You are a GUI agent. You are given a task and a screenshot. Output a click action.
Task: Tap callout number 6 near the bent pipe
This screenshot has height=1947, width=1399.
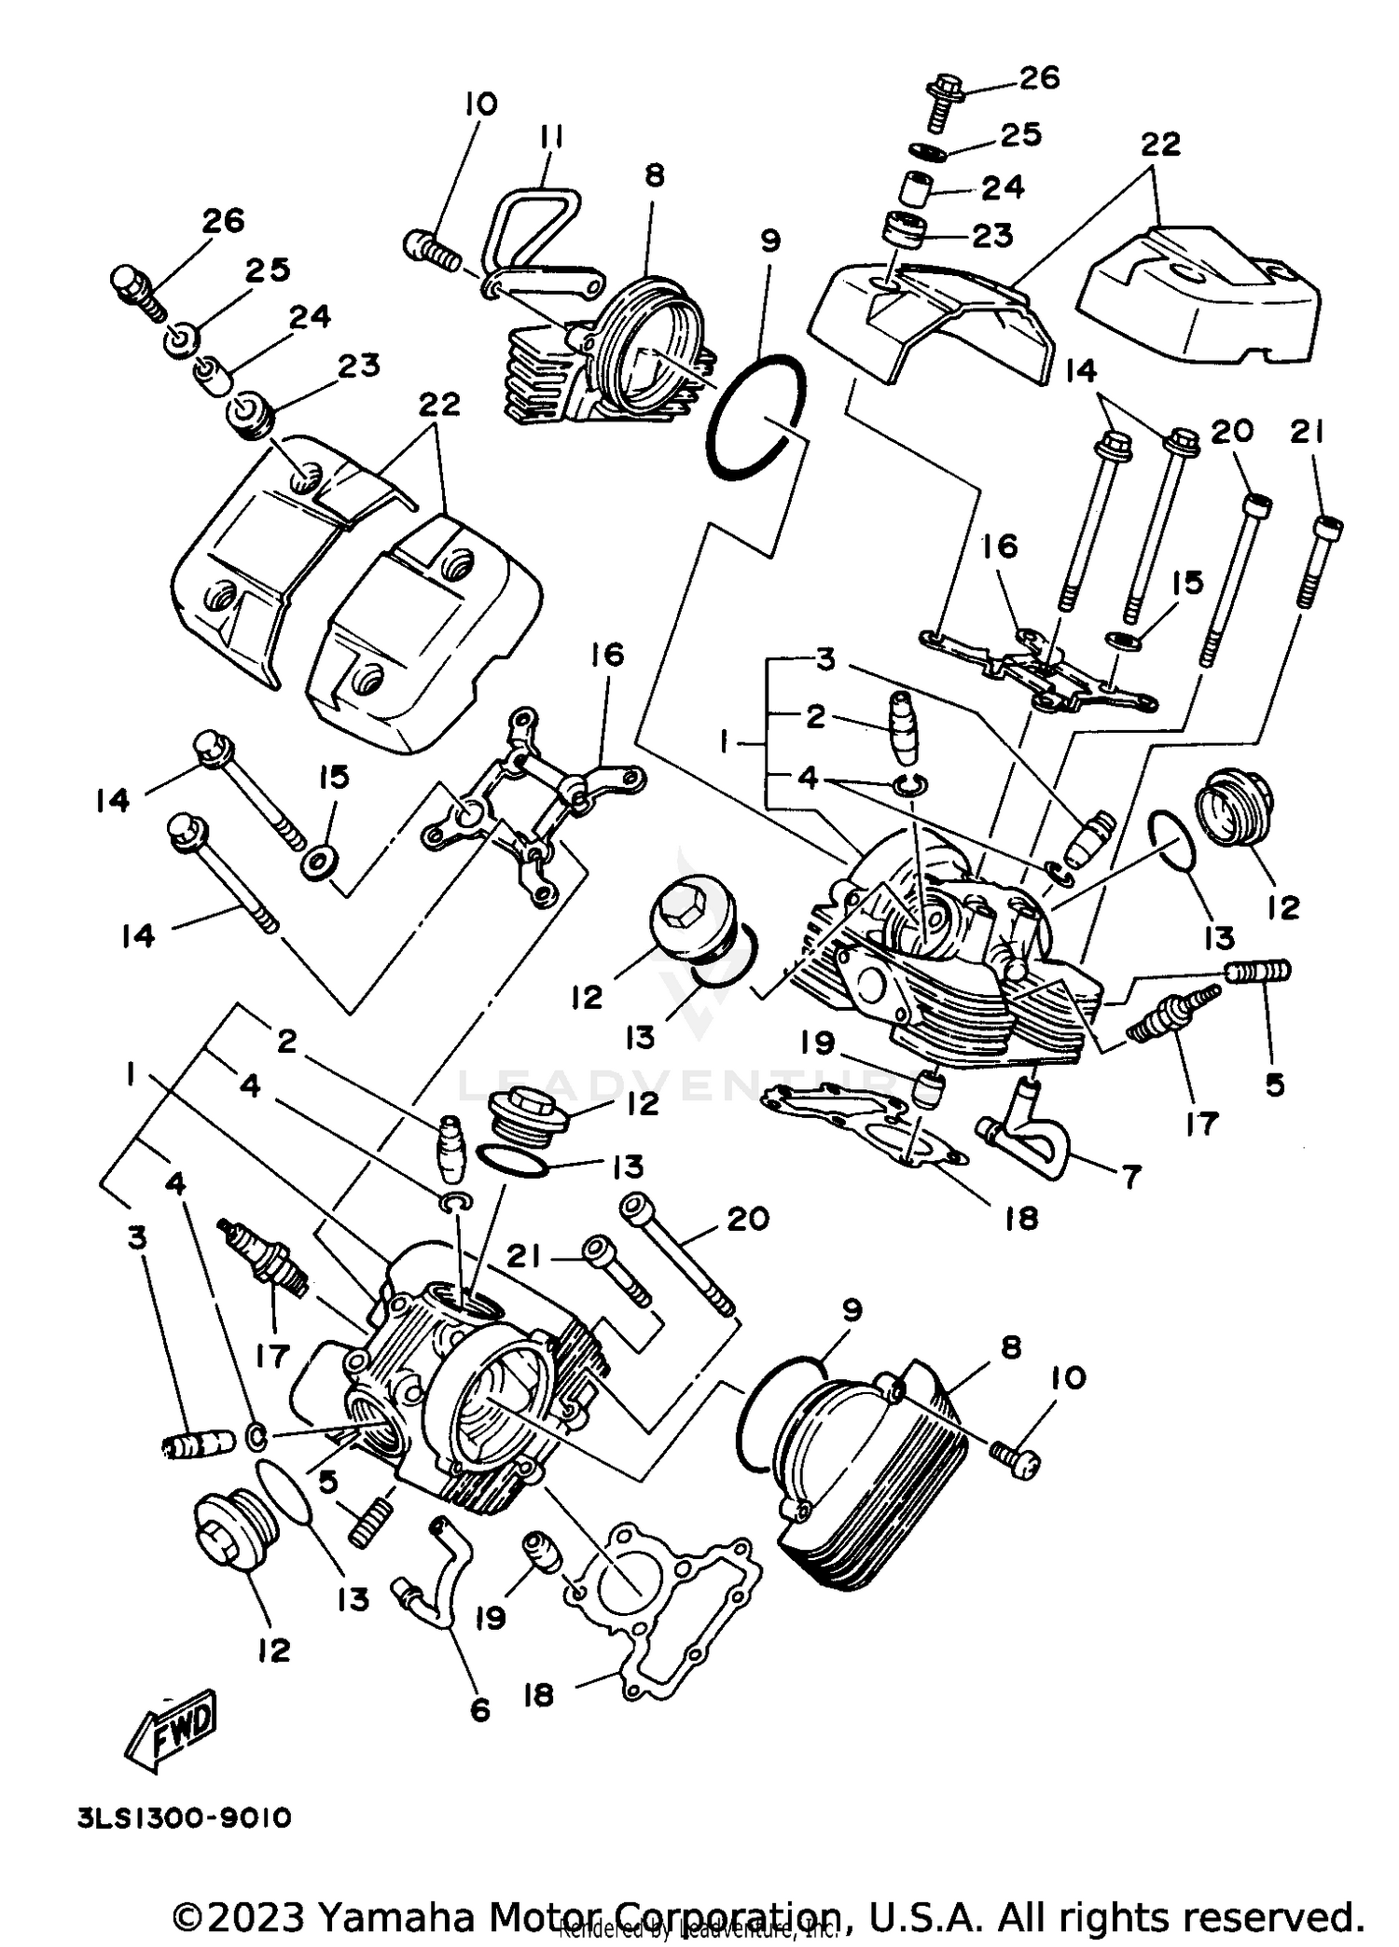pos(479,1709)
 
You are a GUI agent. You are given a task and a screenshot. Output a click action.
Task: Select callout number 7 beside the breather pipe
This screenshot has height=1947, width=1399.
pos(1130,1177)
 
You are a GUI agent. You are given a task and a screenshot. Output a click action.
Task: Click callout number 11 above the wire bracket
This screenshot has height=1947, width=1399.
pos(550,138)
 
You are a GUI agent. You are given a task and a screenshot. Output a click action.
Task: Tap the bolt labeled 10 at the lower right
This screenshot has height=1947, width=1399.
pos(1015,1459)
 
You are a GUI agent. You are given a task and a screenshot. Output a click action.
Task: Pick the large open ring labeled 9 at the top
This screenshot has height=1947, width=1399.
pos(755,417)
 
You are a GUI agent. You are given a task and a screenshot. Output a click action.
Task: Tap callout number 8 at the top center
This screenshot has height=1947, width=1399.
pos(655,175)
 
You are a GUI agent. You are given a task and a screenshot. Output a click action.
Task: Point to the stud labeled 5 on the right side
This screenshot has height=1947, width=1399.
pos(1258,972)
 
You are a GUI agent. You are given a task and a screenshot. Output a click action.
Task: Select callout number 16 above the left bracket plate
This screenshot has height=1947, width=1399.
pos(607,655)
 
